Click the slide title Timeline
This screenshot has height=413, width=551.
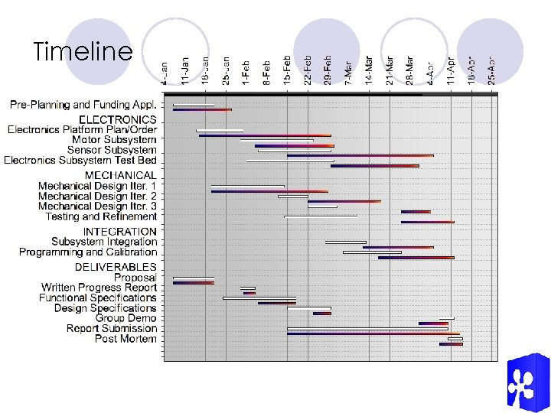83,52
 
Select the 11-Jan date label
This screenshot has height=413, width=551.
184,70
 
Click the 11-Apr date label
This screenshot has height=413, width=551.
451,70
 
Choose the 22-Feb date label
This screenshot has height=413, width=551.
308,70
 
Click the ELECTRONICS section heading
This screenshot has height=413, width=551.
118,119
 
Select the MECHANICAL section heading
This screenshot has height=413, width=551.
120,175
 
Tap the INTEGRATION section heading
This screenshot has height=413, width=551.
119,231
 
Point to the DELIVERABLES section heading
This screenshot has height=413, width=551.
116,267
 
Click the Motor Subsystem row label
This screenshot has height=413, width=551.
114,140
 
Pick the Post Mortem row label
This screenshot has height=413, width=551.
126,339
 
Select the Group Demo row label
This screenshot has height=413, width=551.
126,318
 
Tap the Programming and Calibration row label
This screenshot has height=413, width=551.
88,252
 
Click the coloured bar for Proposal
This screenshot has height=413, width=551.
193,282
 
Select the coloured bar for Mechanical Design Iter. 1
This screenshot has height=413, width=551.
247,190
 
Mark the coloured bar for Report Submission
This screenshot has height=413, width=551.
373,333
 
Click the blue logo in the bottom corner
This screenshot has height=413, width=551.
527,382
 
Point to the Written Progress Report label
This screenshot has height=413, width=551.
99,288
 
